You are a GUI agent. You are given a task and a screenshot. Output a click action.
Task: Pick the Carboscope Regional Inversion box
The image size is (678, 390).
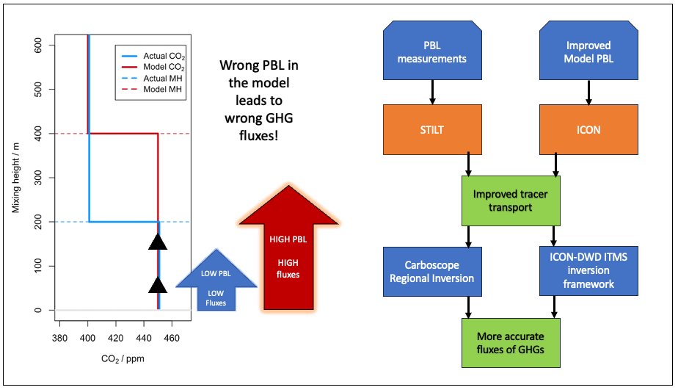coord(431,271)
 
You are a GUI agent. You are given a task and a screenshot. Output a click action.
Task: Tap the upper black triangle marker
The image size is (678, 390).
coord(158,241)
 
